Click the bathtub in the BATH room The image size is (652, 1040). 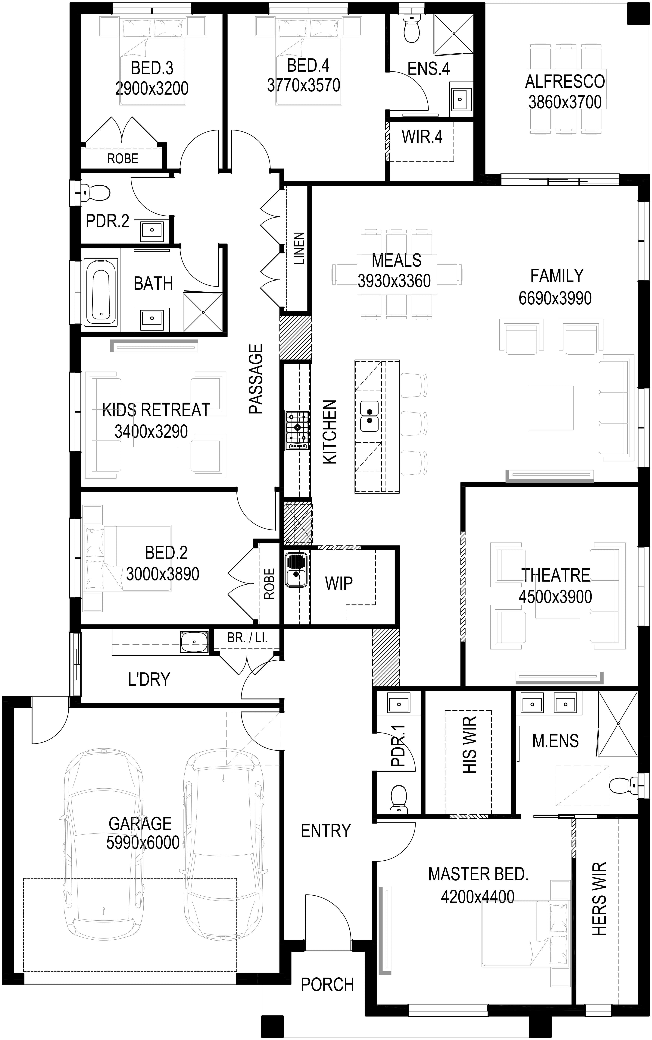click(x=101, y=292)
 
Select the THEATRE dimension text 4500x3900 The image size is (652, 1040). click(x=555, y=597)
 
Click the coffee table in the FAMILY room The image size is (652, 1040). click(x=551, y=408)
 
